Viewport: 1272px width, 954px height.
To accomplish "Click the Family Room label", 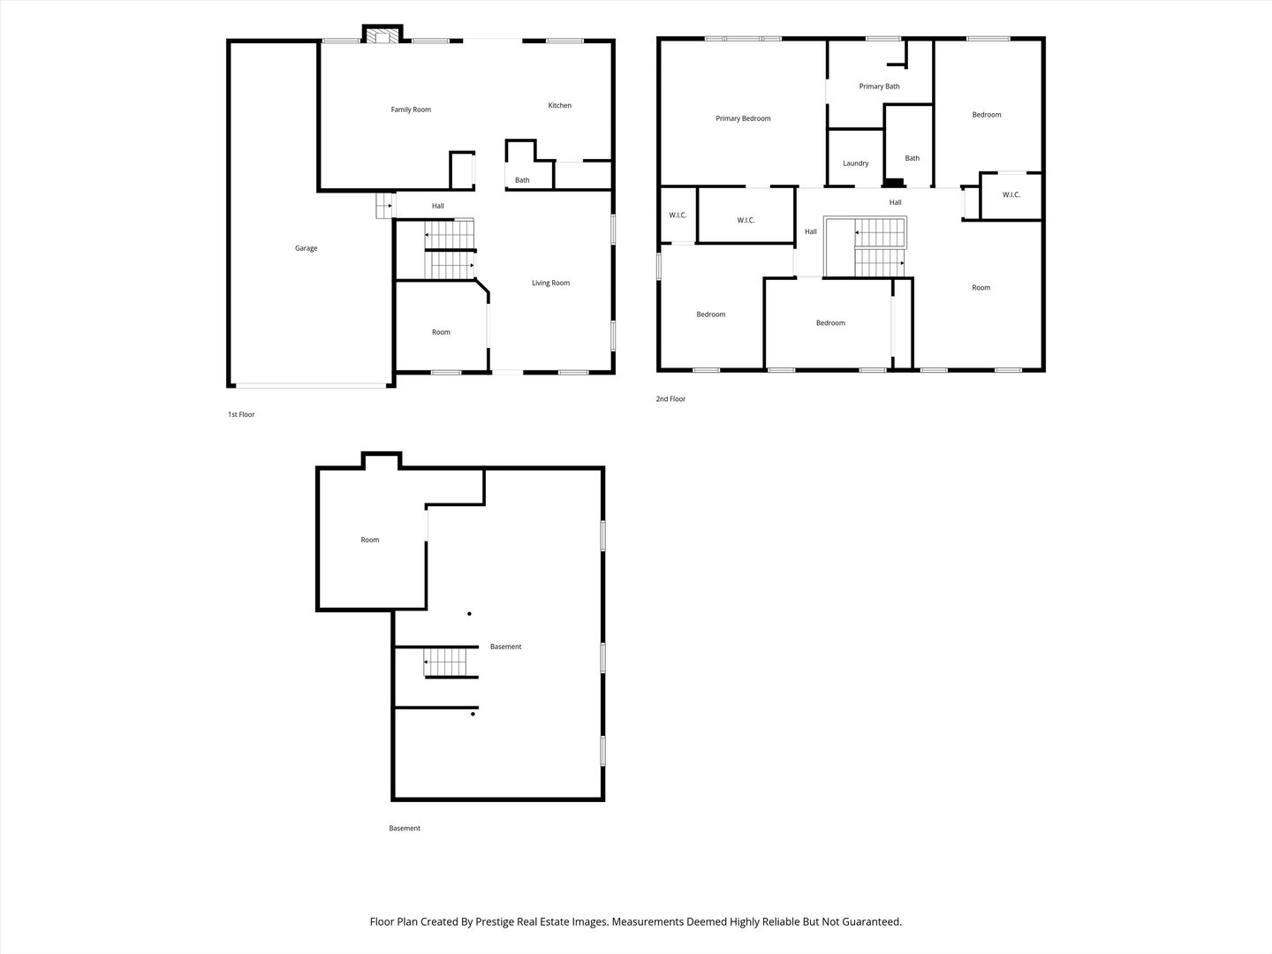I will coord(411,110).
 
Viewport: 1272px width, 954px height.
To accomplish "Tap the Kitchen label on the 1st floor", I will coord(559,105).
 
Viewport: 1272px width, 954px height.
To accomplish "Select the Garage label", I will coord(306,248).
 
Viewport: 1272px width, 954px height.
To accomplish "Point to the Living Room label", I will coord(550,283).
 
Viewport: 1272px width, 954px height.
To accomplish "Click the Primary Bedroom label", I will coord(743,118).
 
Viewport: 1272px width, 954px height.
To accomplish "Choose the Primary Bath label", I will coord(879,87).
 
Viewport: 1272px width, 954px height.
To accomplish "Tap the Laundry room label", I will coord(855,163).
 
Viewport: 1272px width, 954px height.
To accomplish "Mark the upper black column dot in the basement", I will coord(469,614).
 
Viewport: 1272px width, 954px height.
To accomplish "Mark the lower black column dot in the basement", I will coord(473,714).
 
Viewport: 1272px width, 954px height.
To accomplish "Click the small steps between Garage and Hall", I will coord(383,206).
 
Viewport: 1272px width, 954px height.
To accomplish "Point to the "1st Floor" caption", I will coord(241,414).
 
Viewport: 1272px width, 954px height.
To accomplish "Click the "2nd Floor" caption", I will coord(670,399).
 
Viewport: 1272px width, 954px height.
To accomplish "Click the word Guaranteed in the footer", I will coord(869,921).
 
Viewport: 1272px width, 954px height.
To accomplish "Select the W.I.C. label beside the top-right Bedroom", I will coord(1011,194).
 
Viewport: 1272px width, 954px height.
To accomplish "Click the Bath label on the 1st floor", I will coord(522,180).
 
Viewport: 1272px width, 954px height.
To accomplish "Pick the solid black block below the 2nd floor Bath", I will coord(895,184).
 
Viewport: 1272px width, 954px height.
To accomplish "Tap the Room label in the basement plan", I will coord(369,540).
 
